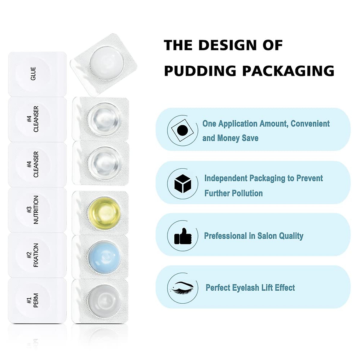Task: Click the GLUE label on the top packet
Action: (x=33, y=73)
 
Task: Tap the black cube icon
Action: (x=183, y=184)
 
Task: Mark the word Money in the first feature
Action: (x=228, y=138)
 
